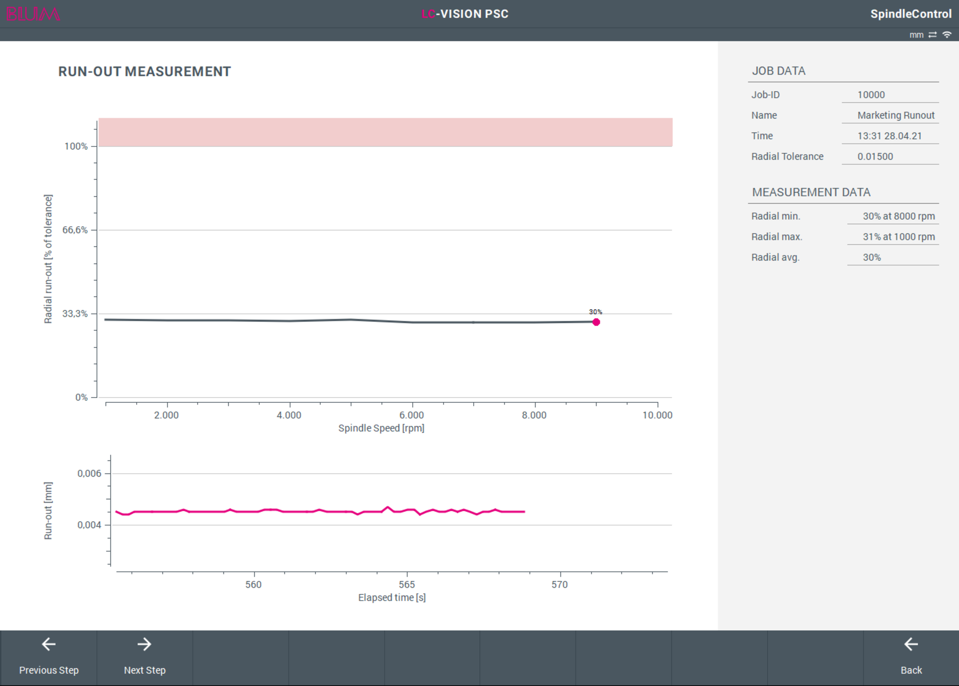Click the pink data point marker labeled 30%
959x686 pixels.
(x=596, y=322)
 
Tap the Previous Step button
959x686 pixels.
(x=48, y=657)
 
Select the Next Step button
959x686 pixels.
(x=145, y=657)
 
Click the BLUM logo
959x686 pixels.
(x=33, y=14)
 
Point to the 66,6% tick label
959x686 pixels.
(x=75, y=230)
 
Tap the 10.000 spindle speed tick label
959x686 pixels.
(x=657, y=415)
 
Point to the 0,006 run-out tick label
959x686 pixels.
(x=90, y=474)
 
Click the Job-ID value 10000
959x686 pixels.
(x=871, y=95)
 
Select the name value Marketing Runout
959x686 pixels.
(x=896, y=116)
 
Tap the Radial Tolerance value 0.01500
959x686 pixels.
(x=876, y=156)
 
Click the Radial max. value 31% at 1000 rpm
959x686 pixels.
(x=899, y=237)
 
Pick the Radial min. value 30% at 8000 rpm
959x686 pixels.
(x=899, y=216)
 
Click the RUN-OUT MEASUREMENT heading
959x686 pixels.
(x=144, y=72)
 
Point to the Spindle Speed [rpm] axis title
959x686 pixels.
(x=382, y=428)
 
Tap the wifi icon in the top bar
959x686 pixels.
(x=947, y=35)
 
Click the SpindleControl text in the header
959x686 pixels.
(x=911, y=14)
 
